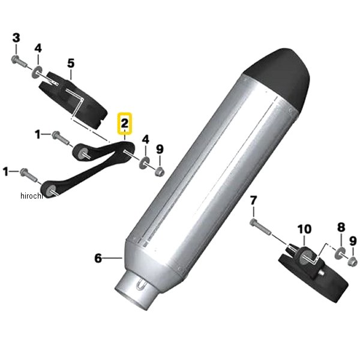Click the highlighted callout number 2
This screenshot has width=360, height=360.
pos(124,124)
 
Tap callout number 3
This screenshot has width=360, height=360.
pos(16,38)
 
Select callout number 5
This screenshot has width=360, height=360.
pos(71,63)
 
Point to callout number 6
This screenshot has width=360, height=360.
pos(98,258)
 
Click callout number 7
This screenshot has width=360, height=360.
pos(253,200)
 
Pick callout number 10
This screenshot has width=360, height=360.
pos(304,229)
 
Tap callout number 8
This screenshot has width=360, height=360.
pos(341,227)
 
